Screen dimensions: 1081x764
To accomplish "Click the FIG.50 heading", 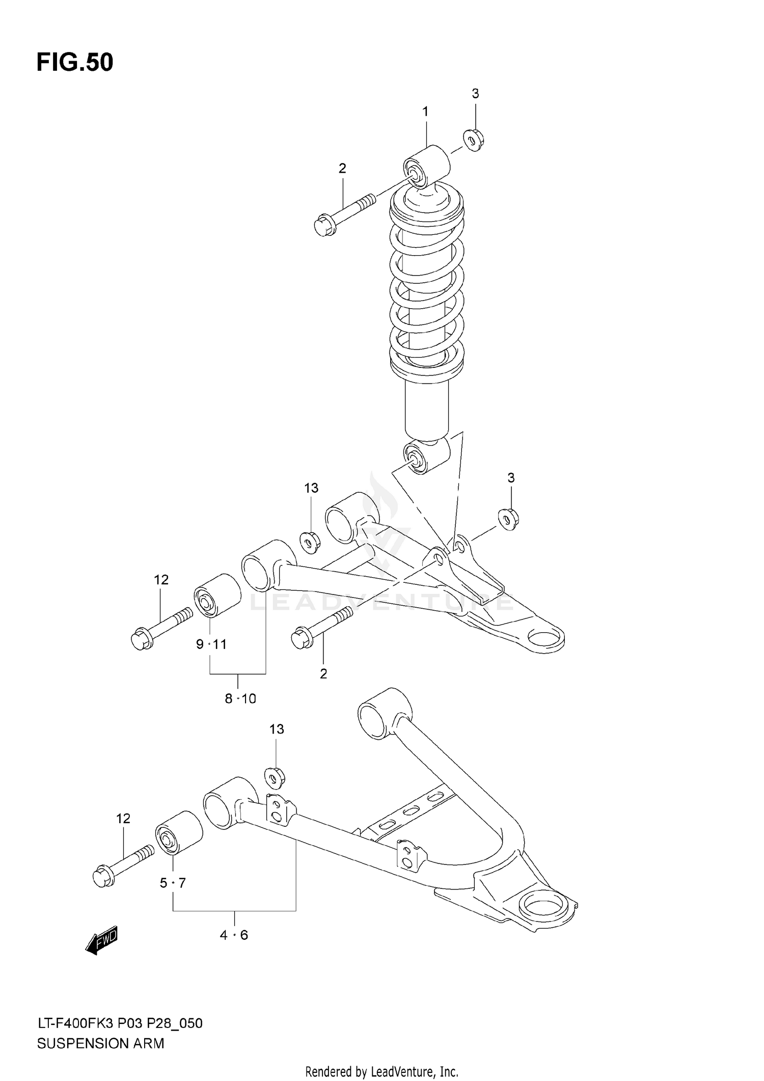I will (75, 63).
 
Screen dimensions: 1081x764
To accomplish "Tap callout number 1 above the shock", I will (425, 112).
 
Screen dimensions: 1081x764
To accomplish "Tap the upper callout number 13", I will (311, 488).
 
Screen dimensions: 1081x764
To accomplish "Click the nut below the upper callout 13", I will (309, 542).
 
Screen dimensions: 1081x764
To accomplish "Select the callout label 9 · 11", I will (211, 644).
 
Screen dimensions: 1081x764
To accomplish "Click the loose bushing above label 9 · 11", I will (217, 595).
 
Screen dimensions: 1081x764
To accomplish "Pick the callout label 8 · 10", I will (240, 698).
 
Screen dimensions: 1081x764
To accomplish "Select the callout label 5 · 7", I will (173, 883).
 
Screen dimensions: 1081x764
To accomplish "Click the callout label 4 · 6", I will (234, 935).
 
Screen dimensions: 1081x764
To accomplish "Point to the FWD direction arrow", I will (102, 940).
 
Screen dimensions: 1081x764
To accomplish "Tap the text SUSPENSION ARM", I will (100, 1043).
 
